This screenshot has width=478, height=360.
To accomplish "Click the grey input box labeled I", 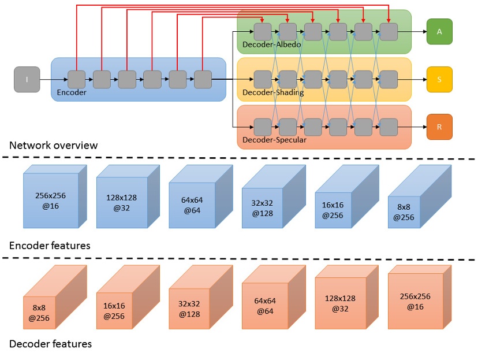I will tap(27, 79).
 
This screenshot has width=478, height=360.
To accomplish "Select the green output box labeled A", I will tap(439, 32).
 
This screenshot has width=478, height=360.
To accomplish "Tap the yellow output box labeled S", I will tap(439, 79).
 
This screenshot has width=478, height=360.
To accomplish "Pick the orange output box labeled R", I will tap(439, 127).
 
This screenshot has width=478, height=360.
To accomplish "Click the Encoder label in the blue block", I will tap(72, 92).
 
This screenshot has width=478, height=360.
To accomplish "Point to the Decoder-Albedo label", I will tap(271, 44).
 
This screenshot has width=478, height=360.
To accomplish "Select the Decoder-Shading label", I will tap(273, 92).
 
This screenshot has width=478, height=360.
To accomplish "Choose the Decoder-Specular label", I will tap(274, 139).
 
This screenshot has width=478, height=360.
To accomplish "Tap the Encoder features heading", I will tap(50, 246).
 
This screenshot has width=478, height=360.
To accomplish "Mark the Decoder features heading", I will tap(50, 344).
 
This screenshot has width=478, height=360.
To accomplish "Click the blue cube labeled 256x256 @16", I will tap(50, 199).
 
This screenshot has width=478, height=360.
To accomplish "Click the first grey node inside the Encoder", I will tap(76, 79).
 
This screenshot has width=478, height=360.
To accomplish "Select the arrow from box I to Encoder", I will tap(46, 79).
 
